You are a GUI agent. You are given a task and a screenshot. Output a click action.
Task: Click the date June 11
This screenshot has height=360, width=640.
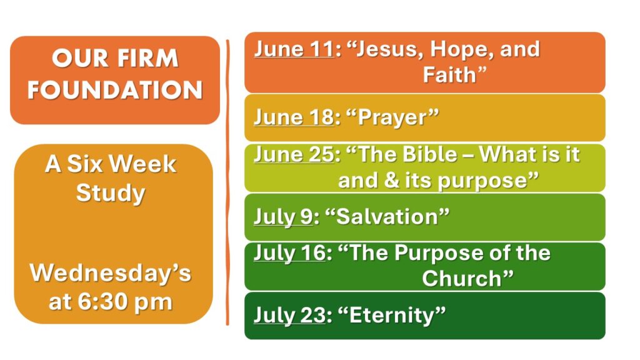point(294,49)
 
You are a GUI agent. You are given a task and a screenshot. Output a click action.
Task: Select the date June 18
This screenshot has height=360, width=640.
point(294,117)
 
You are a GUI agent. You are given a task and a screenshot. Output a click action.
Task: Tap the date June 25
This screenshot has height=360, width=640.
point(294,155)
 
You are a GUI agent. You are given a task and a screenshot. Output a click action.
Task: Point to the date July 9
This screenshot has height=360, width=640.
point(284,217)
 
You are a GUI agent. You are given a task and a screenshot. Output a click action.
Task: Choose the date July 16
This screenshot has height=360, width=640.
point(290,253)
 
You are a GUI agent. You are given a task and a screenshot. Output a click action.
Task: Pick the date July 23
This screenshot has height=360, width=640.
point(290,316)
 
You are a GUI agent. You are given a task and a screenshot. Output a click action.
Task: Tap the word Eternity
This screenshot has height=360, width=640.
point(392,316)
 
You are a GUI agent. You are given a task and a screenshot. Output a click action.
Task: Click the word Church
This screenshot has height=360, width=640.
point(462,279)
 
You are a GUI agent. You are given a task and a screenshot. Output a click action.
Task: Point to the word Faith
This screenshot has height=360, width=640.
point(449,75)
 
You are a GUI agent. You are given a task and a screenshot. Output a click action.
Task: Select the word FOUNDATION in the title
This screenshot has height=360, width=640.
point(115,90)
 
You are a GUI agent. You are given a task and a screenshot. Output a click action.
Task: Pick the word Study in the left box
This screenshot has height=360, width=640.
point(111,194)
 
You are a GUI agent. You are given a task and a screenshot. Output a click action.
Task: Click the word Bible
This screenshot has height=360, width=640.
point(430,155)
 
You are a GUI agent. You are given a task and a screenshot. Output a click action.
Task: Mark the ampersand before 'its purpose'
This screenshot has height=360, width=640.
point(392,181)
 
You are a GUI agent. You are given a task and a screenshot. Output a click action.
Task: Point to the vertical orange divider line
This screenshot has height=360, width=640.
point(227,182)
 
